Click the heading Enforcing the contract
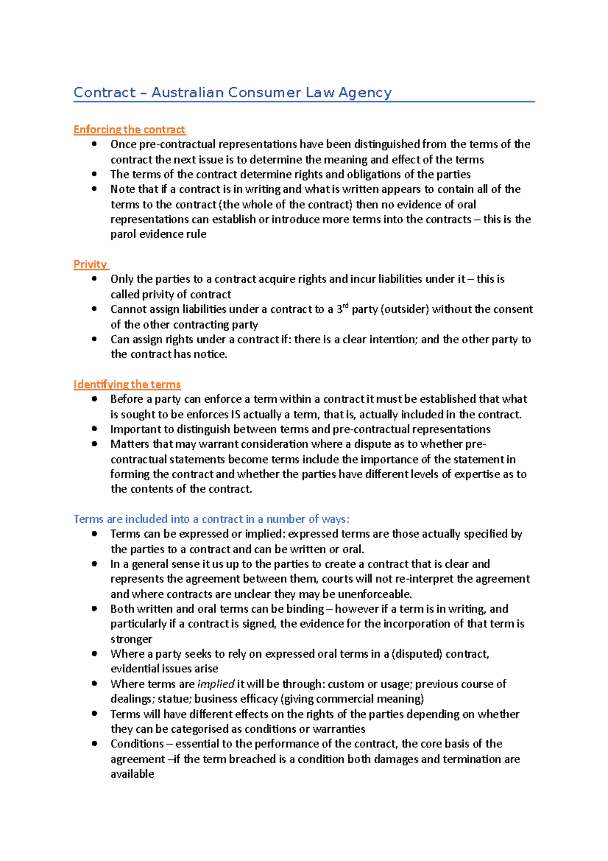coord(129,130)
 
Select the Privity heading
coord(90,264)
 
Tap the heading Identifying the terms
coord(127,384)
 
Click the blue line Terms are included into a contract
coord(211,519)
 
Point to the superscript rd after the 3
coord(346,306)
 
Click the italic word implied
coord(216,684)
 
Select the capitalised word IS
coord(236,415)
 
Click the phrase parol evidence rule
coord(158,234)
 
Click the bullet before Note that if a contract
coord(94,189)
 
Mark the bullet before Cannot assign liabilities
coord(94,309)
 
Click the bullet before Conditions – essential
coord(94,744)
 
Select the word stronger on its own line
coord(131,639)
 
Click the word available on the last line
coord(132,774)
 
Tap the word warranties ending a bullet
coord(339,729)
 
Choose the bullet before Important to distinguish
coord(94,429)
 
